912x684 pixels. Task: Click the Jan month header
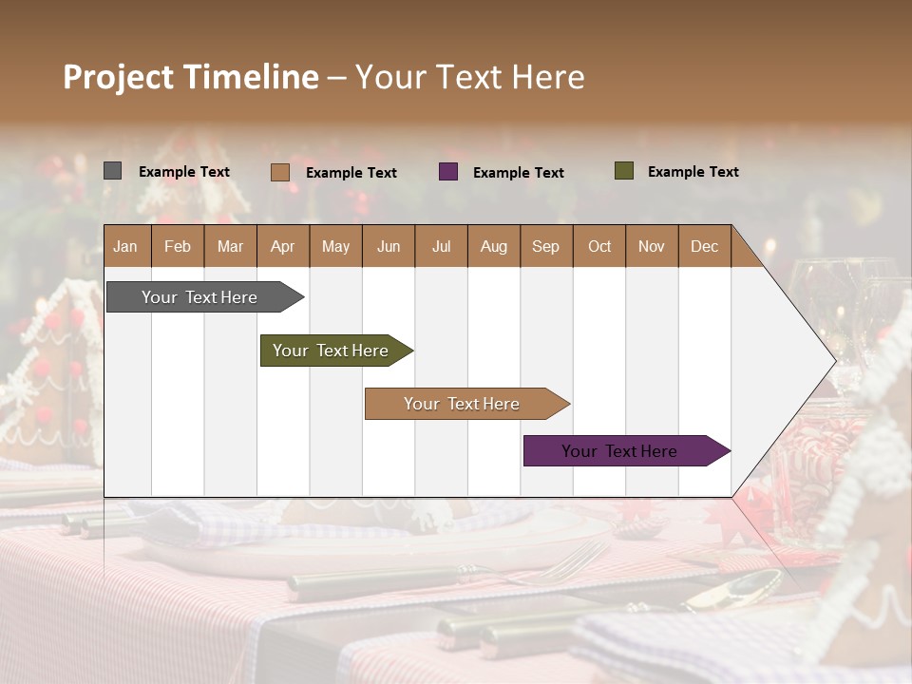(125, 247)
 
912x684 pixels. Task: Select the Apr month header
(282, 247)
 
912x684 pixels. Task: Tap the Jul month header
(441, 247)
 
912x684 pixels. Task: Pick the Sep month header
(545, 247)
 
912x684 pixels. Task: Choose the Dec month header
(704, 247)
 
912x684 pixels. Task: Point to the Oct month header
(598, 247)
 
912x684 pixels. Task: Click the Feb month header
(178, 247)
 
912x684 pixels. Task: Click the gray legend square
(112, 171)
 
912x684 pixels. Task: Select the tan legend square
(280, 172)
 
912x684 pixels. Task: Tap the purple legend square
(448, 172)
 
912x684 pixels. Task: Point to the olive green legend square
(623, 171)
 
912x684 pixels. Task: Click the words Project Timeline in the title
(190, 77)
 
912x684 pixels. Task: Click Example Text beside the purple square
(518, 173)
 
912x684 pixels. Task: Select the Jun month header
(388, 247)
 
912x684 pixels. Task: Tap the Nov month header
(651, 247)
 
